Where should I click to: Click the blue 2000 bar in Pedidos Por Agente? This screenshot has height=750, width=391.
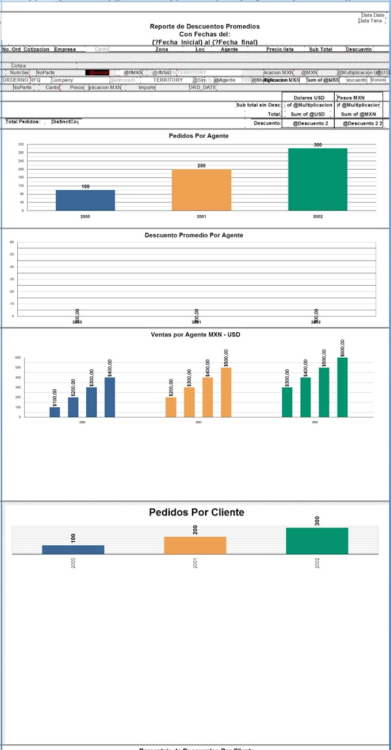click(85, 200)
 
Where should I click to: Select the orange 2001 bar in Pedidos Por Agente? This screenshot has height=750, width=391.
click(202, 189)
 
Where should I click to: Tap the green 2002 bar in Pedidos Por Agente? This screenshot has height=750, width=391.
click(318, 179)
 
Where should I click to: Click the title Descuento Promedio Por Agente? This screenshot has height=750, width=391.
click(193, 235)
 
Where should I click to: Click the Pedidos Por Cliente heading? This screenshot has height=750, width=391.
click(197, 512)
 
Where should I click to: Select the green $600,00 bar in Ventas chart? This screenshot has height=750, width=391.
click(342, 387)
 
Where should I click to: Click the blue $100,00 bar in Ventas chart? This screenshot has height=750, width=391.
click(55, 412)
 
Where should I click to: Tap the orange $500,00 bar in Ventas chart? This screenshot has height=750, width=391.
click(226, 392)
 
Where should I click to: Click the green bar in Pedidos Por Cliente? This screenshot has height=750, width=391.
click(317, 541)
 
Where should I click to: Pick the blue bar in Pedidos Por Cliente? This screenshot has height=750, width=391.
click(73, 549)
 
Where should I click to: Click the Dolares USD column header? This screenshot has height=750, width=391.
click(309, 98)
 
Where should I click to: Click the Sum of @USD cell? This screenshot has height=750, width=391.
click(308, 114)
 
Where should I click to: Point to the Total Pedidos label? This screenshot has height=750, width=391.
click(23, 122)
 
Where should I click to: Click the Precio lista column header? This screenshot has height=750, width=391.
click(279, 49)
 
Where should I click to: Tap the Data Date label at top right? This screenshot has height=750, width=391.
click(373, 15)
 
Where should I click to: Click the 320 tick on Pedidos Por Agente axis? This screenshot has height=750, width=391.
click(21, 144)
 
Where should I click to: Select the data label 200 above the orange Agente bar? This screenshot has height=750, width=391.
click(201, 166)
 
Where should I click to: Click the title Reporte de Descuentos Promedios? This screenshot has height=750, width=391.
click(205, 26)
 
